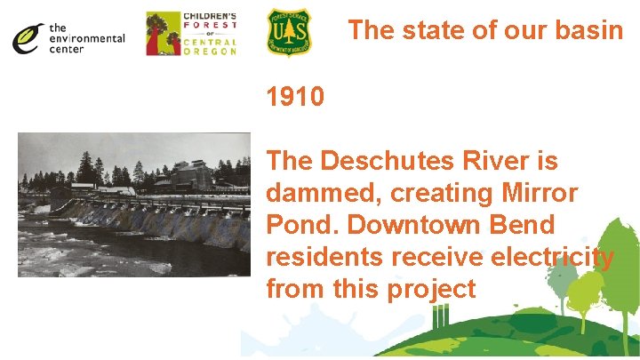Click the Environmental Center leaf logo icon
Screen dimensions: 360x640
29,37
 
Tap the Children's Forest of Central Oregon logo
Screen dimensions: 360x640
191,33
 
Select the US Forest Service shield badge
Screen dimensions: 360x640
290,33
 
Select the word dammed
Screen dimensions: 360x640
317,193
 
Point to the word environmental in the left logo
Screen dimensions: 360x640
87,38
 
